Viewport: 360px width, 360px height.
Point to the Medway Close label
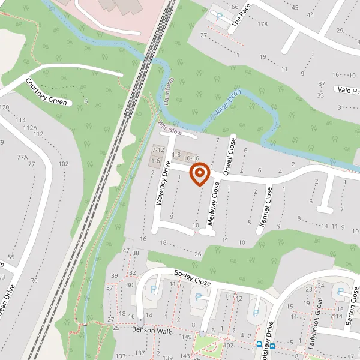(214, 204)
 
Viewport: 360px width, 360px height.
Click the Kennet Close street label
(265, 207)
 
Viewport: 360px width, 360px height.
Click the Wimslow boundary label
(169, 127)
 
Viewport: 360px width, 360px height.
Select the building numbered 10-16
(191, 157)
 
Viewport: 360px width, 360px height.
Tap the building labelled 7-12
(158, 149)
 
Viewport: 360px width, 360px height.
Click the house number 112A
(30, 128)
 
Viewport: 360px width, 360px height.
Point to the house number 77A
(23, 157)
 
